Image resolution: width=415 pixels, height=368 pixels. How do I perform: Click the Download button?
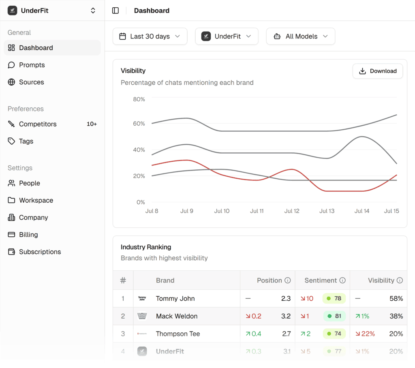click(x=377, y=71)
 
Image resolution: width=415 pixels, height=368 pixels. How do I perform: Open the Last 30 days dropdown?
click(x=150, y=36)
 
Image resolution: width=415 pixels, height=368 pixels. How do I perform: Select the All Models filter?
click(x=300, y=36)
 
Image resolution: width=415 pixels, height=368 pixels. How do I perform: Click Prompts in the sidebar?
click(x=32, y=65)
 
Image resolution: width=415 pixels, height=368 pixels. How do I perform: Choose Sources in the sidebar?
click(x=31, y=82)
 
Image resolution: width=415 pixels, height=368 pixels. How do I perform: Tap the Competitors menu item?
click(x=38, y=124)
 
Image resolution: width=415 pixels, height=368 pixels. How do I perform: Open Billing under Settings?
click(x=28, y=235)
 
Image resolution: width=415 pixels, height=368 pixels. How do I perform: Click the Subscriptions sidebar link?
click(x=40, y=252)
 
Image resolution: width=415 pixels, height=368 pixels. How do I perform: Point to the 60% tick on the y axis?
click(x=139, y=124)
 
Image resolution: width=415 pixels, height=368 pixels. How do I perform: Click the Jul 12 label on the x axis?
click(x=292, y=211)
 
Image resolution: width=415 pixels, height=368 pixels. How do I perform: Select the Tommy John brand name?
click(x=175, y=299)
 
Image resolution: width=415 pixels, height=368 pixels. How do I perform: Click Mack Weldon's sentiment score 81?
click(x=338, y=316)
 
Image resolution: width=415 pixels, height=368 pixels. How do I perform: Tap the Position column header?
click(x=269, y=280)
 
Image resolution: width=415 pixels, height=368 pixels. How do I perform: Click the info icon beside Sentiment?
click(x=342, y=280)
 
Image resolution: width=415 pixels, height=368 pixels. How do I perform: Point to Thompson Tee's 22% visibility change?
click(x=365, y=334)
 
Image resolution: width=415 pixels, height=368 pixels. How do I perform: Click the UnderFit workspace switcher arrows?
click(x=93, y=11)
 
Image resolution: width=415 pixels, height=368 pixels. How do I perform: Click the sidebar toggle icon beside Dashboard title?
click(x=116, y=11)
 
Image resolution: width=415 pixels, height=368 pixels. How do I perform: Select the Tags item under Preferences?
click(x=26, y=141)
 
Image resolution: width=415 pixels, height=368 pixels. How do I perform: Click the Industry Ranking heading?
click(x=146, y=247)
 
